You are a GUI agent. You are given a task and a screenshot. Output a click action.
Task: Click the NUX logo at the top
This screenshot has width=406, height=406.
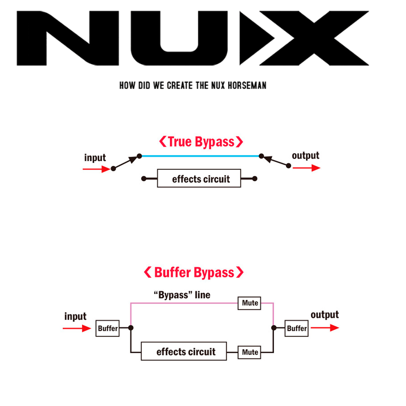(x=193, y=38)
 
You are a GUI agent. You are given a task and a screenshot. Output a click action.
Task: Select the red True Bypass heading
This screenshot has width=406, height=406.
(x=201, y=142)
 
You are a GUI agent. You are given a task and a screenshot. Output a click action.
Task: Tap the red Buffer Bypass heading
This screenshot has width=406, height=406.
(x=194, y=272)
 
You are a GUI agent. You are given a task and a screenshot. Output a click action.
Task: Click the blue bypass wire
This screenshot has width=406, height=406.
(x=200, y=156)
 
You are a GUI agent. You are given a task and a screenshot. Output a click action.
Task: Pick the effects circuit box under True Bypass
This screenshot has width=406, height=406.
(x=199, y=178)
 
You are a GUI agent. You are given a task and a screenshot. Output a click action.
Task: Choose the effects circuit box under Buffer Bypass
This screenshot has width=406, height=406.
(x=184, y=351)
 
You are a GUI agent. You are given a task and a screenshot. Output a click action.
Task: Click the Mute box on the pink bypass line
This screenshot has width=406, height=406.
(x=249, y=303)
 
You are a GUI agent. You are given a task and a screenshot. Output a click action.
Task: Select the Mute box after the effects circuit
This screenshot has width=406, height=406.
(x=249, y=352)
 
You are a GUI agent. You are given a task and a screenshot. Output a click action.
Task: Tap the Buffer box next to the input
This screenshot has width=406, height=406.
(x=108, y=328)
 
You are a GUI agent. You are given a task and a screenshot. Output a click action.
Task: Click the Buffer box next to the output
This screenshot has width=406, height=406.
(x=296, y=328)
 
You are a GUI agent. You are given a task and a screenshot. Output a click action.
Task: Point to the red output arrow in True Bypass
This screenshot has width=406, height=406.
(x=307, y=168)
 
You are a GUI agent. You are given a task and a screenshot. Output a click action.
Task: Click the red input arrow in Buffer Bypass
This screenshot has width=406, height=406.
(x=77, y=328)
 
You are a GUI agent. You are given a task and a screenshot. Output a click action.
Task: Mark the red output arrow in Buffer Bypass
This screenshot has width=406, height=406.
(x=325, y=328)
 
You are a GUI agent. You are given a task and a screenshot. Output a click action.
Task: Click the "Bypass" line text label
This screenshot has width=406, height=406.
(x=182, y=295)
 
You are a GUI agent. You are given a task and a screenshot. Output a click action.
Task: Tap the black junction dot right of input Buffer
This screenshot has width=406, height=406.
(x=131, y=328)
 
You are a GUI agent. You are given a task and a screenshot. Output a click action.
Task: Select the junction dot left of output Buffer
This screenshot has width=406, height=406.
(x=274, y=328)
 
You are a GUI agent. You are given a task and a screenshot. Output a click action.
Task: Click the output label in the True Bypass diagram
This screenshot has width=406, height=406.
(x=306, y=156)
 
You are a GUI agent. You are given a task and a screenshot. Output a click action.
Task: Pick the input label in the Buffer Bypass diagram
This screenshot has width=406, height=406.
(x=75, y=316)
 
